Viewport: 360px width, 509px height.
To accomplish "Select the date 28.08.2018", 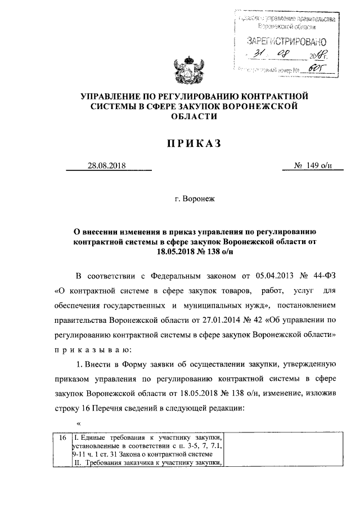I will (106, 165).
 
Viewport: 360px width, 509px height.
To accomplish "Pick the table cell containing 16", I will (61, 437).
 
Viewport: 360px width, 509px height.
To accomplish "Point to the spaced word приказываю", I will (93, 349).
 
